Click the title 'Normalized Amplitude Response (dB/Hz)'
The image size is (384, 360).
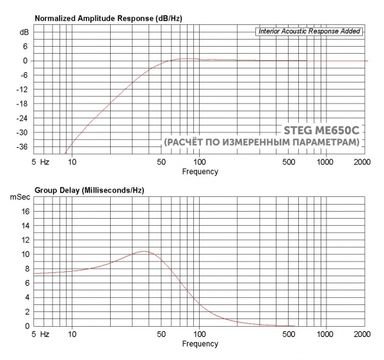(108, 18)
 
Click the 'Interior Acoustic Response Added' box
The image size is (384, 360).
(310, 31)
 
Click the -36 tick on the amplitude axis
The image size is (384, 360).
(23, 147)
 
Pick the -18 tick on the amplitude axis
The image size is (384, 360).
(23, 104)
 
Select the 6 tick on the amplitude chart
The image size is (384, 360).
(26, 46)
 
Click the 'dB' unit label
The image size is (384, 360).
(24, 32)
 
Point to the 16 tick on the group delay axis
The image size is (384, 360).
(24, 211)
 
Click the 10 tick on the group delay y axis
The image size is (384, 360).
(24, 254)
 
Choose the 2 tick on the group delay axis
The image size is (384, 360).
(26, 311)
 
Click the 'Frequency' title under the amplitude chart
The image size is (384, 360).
(200, 171)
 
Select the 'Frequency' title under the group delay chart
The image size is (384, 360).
(200, 343)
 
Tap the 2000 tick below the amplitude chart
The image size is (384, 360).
(362, 162)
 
